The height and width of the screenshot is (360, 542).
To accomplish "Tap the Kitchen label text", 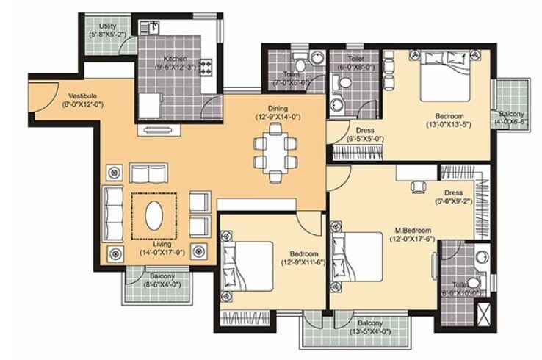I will coord(175,58).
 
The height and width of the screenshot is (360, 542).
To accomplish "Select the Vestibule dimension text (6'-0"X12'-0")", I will coord(83,104).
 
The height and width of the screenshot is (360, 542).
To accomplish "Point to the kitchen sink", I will coord(154,28).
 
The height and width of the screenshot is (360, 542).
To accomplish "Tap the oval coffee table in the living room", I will coord(155,216).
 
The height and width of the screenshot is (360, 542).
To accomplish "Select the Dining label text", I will coord(278,108).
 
